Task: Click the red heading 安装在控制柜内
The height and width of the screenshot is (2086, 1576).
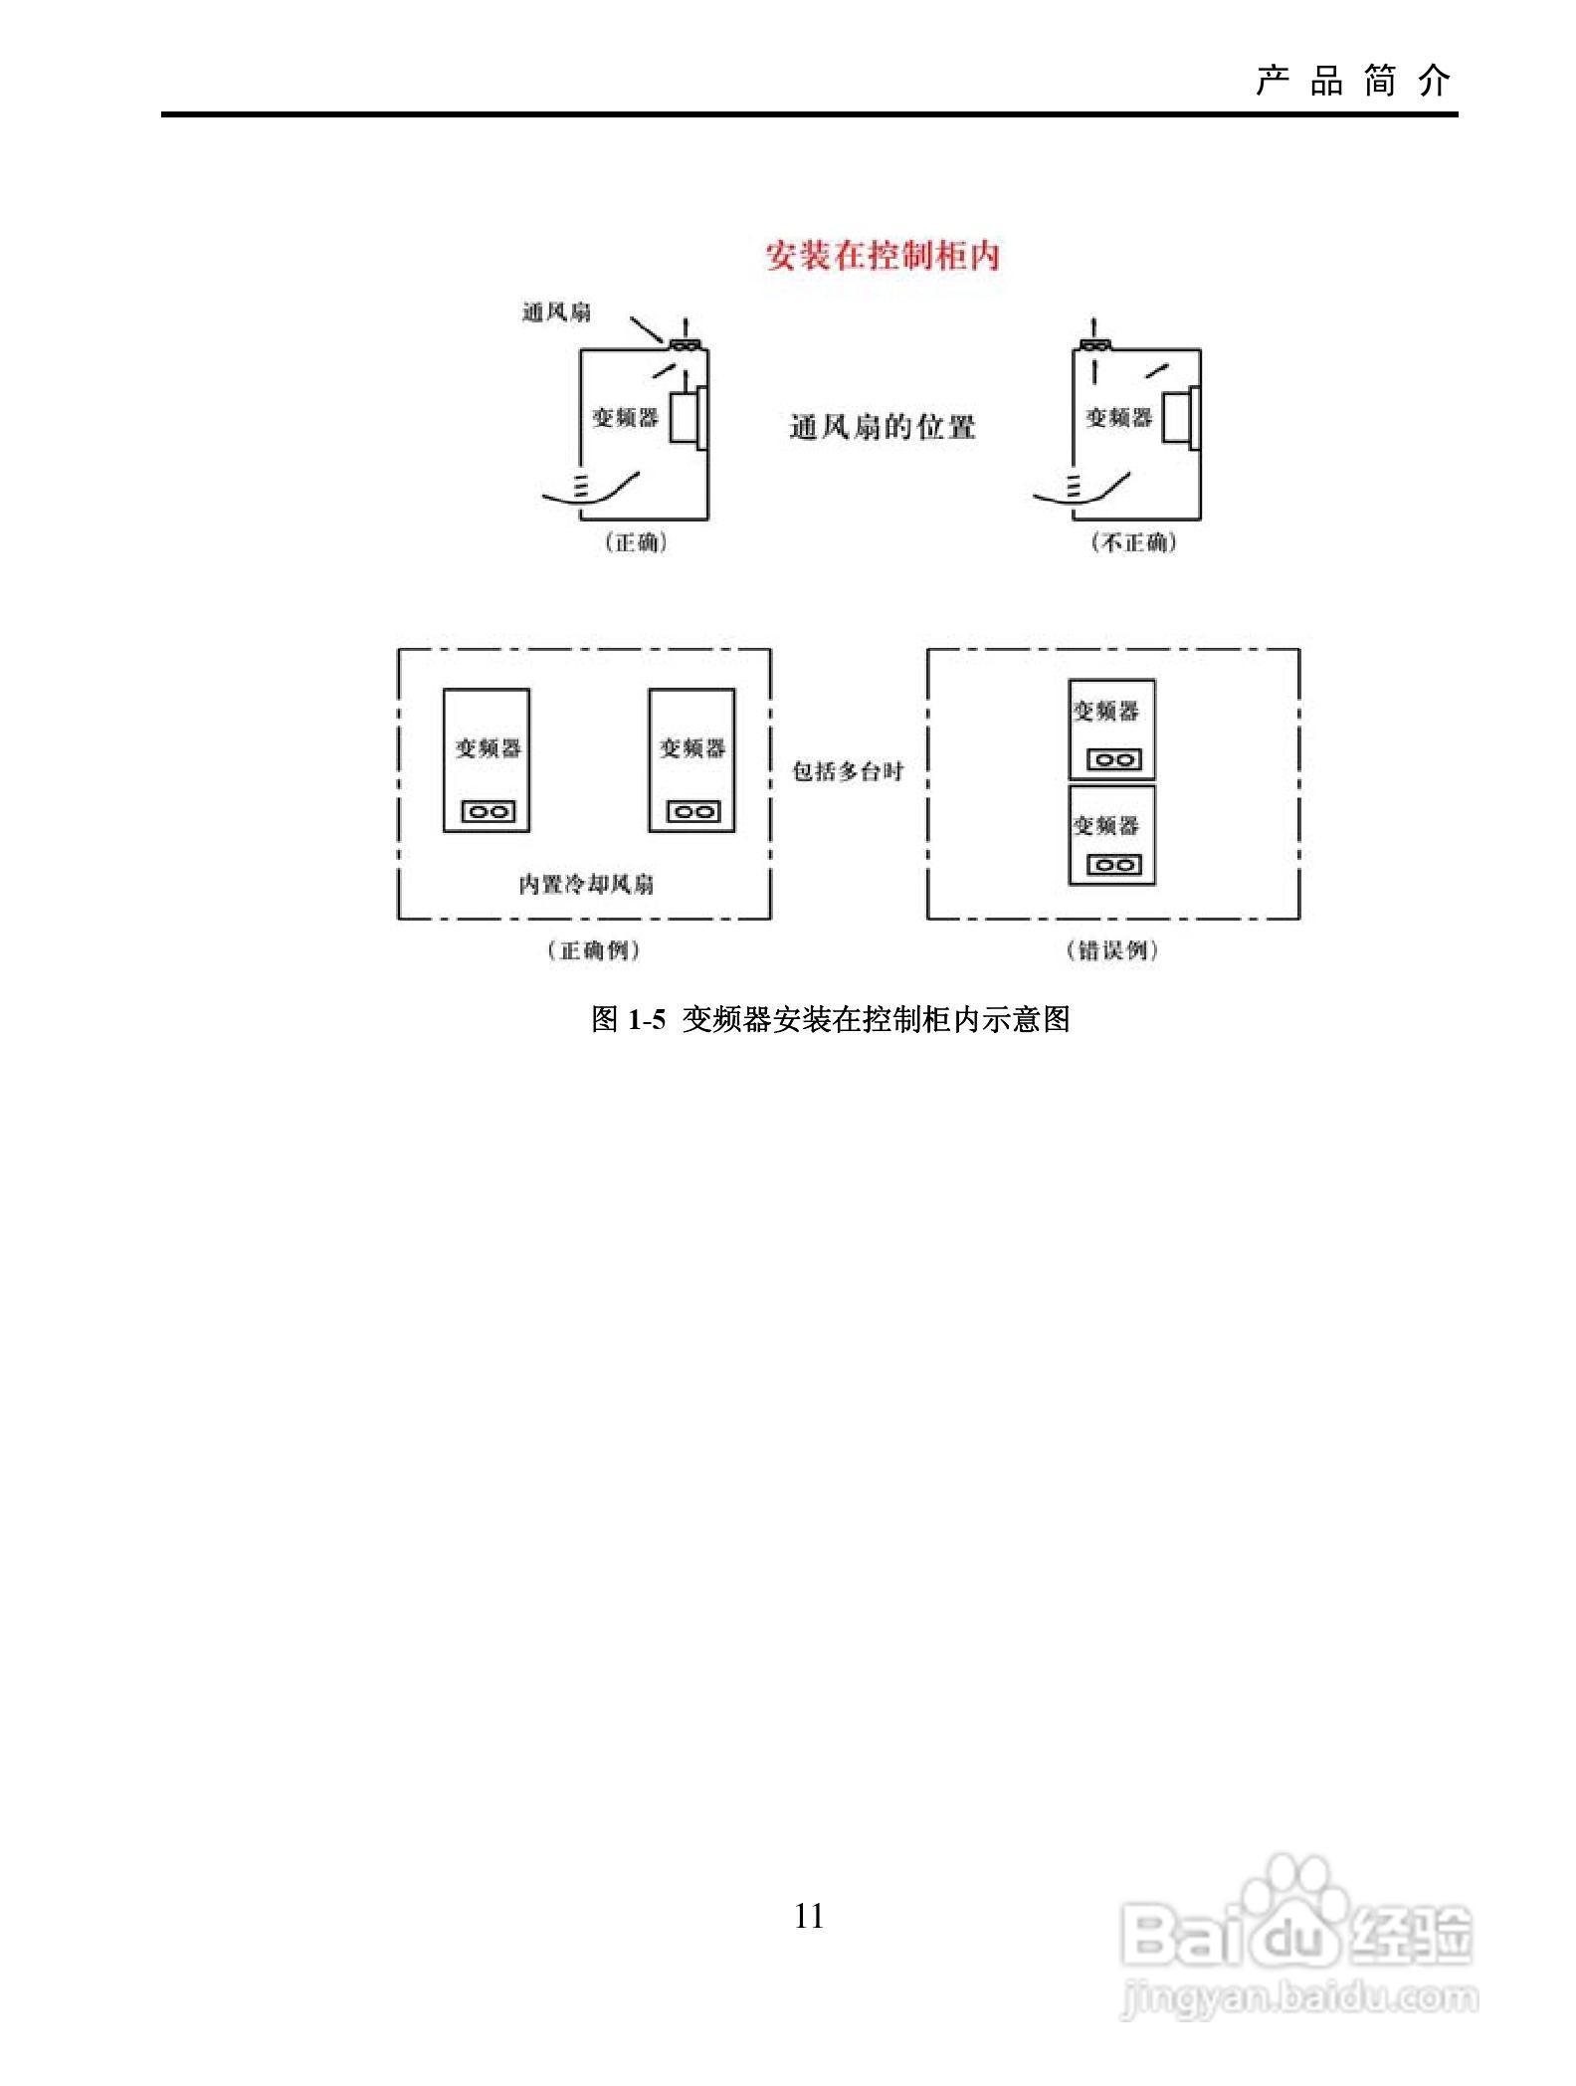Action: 882,256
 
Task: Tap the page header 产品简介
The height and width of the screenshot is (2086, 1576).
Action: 1353,81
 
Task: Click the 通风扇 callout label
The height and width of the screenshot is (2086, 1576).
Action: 556,313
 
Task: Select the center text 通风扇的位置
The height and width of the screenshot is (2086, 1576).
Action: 882,428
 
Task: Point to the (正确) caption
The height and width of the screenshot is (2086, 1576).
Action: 636,542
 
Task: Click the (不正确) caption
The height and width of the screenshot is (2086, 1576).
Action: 1133,542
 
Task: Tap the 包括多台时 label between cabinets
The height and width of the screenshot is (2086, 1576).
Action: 847,771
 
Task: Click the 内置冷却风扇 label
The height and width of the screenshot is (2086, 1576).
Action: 586,884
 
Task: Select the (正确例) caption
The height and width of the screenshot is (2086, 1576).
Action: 593,950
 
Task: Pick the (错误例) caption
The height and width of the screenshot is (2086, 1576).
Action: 1112,950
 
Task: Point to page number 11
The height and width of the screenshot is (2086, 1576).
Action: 809,1917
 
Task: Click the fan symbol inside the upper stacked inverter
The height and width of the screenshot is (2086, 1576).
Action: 1113,760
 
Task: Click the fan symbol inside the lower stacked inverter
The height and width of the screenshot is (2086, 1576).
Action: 1113,864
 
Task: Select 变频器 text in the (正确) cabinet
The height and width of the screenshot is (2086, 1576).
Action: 626,417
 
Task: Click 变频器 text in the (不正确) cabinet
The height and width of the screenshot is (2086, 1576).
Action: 1118,417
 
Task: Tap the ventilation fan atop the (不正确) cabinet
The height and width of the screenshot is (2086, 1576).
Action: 1094,345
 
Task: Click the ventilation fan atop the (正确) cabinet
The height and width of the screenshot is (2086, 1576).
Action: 685,345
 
